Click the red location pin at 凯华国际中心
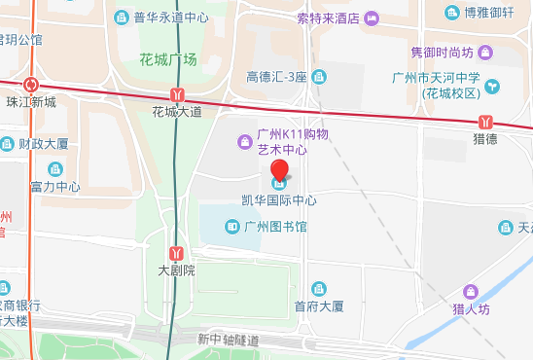(279, 176)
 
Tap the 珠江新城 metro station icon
(33, 86)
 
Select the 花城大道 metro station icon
(176, 95)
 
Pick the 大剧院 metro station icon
(176, 253)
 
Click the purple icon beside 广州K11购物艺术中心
(245, 143)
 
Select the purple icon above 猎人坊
(471, 292)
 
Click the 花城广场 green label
(168, 59)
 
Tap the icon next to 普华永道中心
(122, 18)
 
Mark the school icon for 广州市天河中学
(492, 86)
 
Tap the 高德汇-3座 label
(276, 77)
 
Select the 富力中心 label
(55, 186)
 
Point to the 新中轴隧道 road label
(229, 340)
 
